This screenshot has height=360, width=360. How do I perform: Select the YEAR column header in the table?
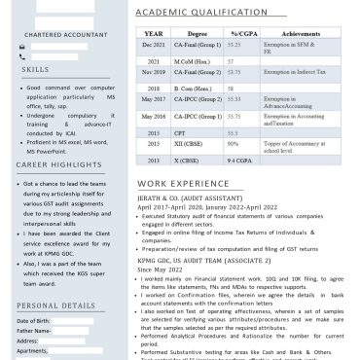152,33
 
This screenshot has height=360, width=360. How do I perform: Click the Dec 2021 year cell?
153,46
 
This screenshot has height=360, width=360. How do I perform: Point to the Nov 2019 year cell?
153,72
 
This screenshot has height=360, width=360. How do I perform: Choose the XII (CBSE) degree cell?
188,145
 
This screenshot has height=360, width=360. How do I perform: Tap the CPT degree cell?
179,131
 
